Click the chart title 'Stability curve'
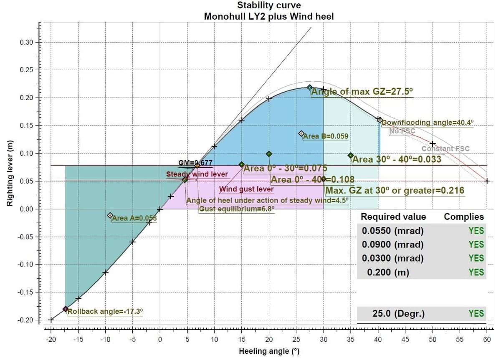[x=269, y=5]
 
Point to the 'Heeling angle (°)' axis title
[x=269, y=351]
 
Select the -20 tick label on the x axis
[x=51, y=340]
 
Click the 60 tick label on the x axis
[x=487, y=340]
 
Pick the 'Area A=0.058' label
[x=134, y=218]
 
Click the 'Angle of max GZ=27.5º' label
[x=362, y=92]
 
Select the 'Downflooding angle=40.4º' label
[x=428, y=123]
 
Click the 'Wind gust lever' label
[x=246, y=189]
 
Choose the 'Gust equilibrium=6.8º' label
[x=237, y=209]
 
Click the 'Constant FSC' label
[x=445, y=149]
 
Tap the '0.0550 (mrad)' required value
[x=393, y=231]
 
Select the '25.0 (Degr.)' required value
[x=399, y=313]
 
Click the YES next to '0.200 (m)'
[x=476, y=272]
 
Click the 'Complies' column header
[x=464, y=217]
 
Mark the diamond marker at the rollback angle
[x=66, y=309]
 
